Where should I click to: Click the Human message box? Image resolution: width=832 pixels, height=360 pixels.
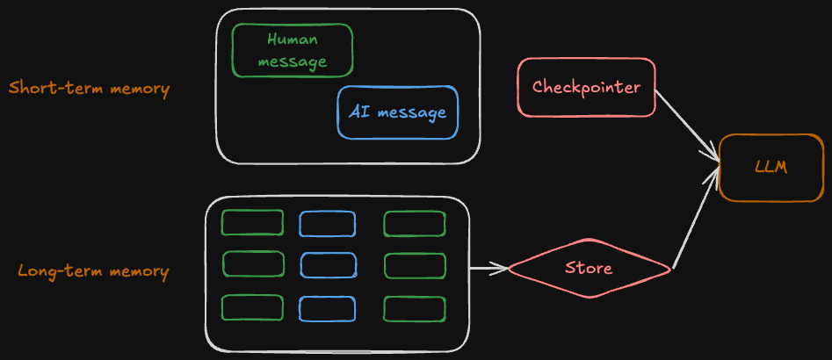pyautogui.click(x=293, y=50)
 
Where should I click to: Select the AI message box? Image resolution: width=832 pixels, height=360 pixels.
pyautogui.click(x=397, y=112)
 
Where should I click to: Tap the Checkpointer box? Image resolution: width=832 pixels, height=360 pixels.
pyautogui.click(x=586, y=88)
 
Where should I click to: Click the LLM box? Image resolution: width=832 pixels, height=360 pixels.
pyautogui.click(x=771, y=168)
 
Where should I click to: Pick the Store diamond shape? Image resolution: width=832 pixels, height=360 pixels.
pyautogui.click(x=589, y=267)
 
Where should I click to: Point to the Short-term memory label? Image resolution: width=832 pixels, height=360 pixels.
pyautogui.click(x=89, y=89)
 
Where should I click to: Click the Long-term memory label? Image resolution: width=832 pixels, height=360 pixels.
pyautogui.click(x=93, y=271)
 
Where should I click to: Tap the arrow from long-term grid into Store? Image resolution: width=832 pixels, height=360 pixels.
pyautogui.click(x=488, y=268)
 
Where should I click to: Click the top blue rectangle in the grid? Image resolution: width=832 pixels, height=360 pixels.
pyautogui.click(x=327, y=224)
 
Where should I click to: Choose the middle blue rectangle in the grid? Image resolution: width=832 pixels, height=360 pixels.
pyautogui.click(x=329, y=265)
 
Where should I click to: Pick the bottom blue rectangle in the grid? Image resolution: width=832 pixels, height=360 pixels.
pyautogui.click(x=327, y=308)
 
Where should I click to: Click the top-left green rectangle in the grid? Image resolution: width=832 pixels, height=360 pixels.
pyautogui.click(x=252, y=223)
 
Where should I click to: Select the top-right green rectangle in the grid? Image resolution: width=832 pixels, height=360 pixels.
pyautogui.click(x=415, y=224)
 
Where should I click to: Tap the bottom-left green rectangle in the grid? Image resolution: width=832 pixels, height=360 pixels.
pyautogui.click(x=252, y=307)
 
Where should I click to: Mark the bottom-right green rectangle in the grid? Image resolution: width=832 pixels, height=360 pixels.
pyautogui.click(x=415, y=308)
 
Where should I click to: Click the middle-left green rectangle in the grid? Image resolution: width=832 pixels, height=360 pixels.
pyautogui.click(x=254, y=263)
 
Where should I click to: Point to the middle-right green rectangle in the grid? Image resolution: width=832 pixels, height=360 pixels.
pyautogui.click(x=415, y=265)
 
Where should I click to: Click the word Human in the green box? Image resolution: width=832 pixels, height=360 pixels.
pyautogui.click(x=293, y=40)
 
